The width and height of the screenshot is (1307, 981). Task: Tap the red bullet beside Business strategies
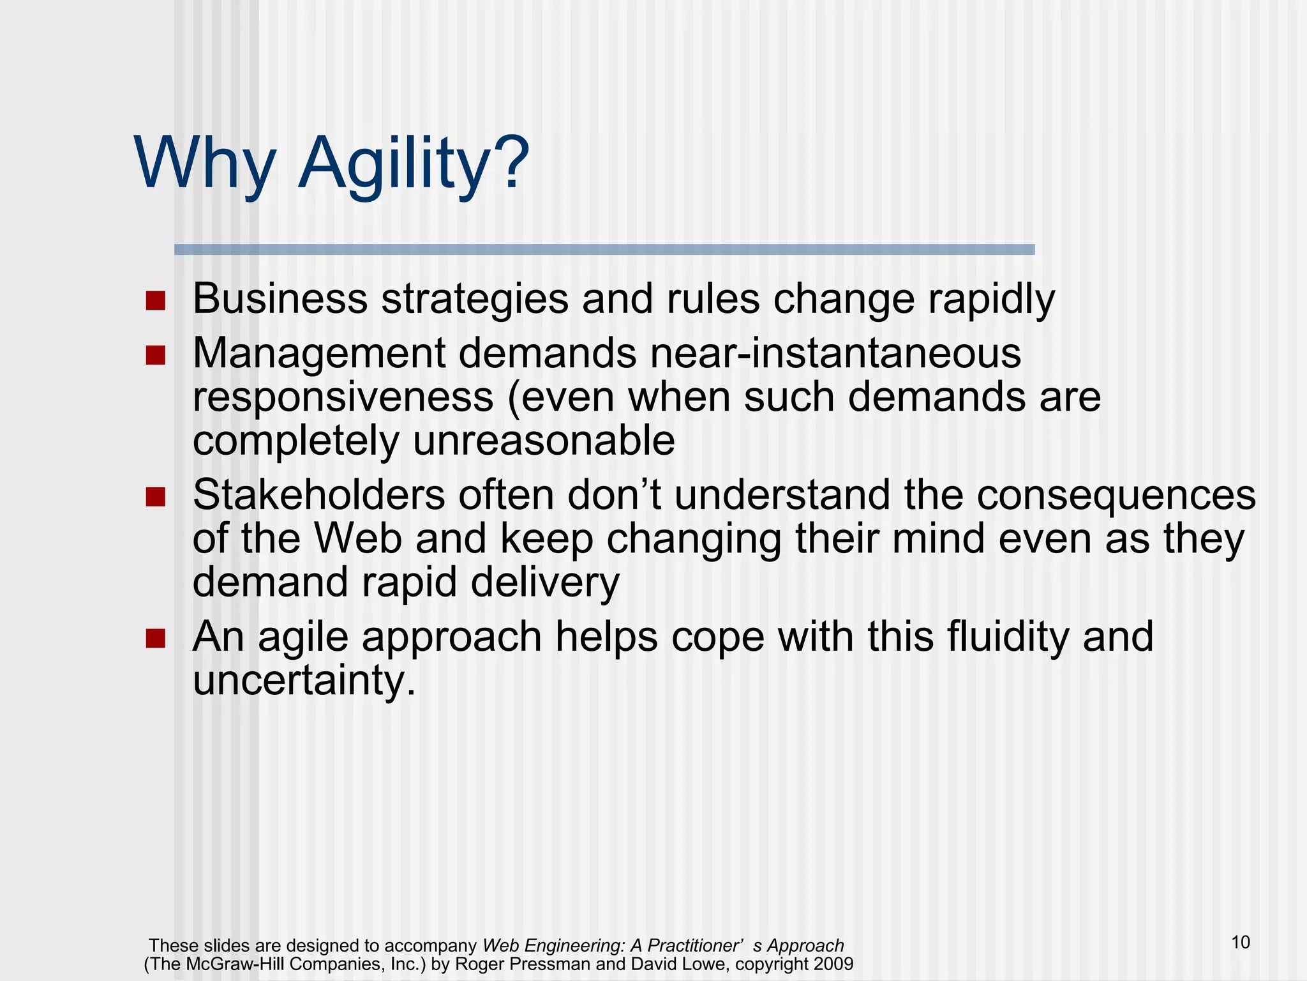pos(155,300)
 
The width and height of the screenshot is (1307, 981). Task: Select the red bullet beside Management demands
pos(155,354)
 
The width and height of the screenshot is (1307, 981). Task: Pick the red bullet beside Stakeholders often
pos(155,496)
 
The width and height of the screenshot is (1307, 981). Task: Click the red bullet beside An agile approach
pos(155,638)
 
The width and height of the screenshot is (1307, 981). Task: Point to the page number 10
pos(1240,943)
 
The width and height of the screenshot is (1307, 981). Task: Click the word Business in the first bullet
pos(280,298)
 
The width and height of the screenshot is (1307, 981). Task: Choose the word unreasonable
pos(544,441)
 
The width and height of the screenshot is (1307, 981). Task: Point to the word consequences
pos(1116,496)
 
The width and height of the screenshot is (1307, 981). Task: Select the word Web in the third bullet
pos(358,538)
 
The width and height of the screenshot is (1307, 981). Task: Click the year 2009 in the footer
pos(833,964)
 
